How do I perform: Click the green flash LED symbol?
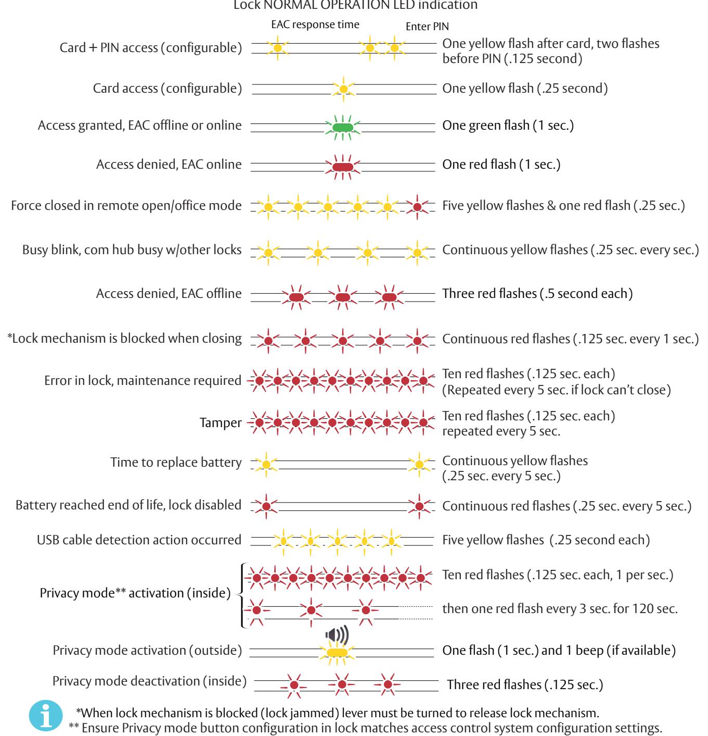343,128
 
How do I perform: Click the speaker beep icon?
337,634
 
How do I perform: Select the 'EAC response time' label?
315,24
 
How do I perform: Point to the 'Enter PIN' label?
427,27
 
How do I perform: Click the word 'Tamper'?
220,422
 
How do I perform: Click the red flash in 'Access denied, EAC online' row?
343,167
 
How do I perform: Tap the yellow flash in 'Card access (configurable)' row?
343,89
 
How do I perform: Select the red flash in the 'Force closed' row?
417,207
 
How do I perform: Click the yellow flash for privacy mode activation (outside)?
337,653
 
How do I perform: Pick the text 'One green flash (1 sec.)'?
508,125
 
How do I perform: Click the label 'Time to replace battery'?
176,462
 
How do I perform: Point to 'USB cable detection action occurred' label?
139,540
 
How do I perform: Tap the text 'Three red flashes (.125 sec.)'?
525,684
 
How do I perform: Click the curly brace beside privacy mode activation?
241,596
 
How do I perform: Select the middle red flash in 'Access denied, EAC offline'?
343,297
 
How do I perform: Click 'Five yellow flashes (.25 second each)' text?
546,540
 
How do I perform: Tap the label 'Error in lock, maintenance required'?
143,380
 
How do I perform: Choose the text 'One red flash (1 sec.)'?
501,165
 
